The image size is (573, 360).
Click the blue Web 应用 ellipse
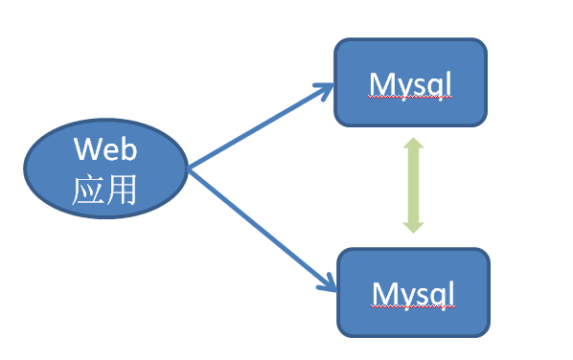pos(105,169)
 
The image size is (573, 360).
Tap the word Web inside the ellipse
pos(106,149)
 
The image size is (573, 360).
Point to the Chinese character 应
pos(89,191)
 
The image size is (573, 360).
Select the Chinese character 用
pos(122,191)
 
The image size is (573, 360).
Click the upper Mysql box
pos(410,82)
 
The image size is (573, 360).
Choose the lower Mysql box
pos(414,292)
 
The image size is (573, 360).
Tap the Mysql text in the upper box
pos(410,85)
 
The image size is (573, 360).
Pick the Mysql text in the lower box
pos(414,292)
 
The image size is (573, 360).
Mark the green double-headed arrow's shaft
pos(413,184)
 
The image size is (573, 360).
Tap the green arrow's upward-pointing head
pos(413,146)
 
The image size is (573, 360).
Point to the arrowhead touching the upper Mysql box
pos(326,90)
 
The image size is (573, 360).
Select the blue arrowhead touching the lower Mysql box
pos(328,281)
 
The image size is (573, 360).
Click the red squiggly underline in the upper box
pos(410,100)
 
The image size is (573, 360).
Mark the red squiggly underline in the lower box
pos(414,306)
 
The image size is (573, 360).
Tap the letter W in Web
pos(87,149)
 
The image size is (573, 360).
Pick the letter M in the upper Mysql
pos(380,84)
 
